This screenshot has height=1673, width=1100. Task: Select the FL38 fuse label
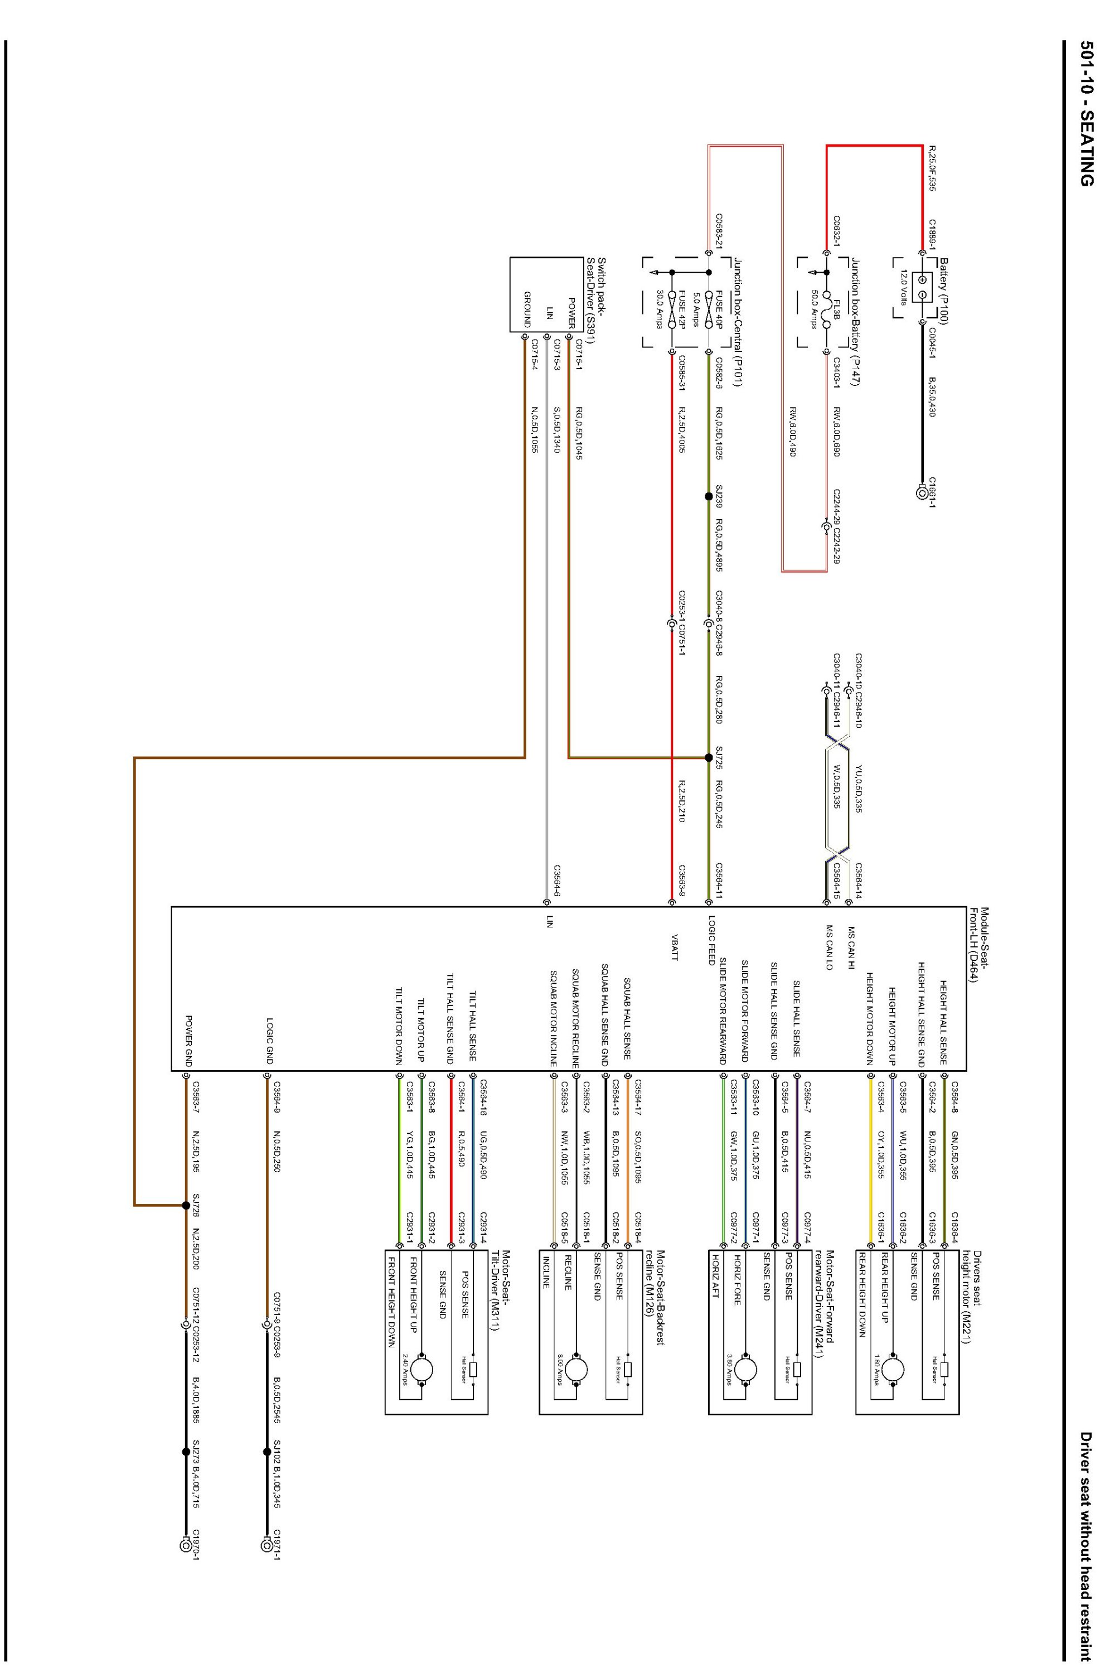point(836,307)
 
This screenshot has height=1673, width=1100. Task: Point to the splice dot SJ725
point(709,758)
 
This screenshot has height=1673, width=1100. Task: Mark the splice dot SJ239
point(709,496)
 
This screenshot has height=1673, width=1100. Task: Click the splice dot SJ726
point(186,1205)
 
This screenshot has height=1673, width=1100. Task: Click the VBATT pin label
point(675,947)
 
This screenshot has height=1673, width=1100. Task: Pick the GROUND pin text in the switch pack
point(527,310)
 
